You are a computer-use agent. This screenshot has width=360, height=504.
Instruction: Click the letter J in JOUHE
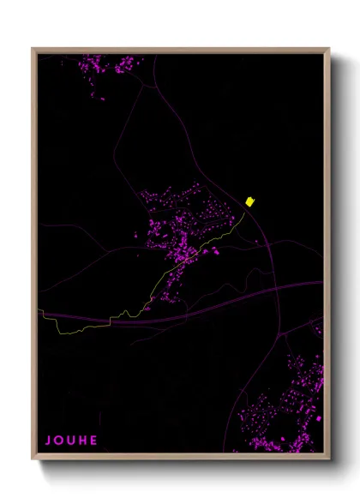[x=48, y=441]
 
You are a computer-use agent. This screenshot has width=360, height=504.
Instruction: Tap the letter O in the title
[x=59, y=441]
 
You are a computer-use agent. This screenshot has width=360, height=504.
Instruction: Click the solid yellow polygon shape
[x=249, y=201]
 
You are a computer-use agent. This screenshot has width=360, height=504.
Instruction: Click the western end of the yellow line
[x=39, y=311]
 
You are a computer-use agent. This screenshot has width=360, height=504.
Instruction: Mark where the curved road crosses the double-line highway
[x=276, y=289]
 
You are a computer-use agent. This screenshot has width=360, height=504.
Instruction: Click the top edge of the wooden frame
[x=180, y=50]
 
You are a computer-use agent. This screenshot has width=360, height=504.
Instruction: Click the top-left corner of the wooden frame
[x=34, y=50]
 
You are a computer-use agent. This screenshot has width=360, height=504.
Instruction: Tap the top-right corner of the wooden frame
[x=327, y=50]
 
